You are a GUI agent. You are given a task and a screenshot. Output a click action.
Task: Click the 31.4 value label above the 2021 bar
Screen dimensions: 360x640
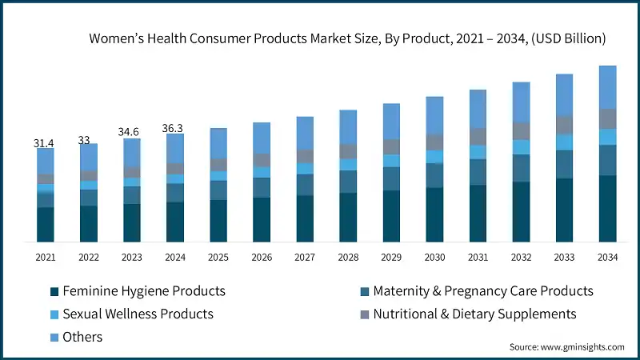[44, 143]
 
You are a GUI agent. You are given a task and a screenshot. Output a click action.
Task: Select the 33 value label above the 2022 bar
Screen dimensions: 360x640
[84, 140]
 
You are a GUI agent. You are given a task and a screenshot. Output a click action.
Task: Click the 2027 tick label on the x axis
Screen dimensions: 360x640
[305, 258]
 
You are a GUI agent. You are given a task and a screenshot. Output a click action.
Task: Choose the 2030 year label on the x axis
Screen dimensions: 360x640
[434, 258]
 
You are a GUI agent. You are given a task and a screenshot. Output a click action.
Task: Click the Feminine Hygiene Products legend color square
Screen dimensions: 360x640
[54, 291]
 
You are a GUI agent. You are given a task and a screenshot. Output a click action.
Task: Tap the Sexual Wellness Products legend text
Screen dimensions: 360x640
[138, 314]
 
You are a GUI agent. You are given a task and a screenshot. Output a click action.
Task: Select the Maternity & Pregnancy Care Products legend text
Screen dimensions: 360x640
[483, 291]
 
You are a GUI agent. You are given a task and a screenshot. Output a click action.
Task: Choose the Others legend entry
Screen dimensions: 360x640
[83, 337]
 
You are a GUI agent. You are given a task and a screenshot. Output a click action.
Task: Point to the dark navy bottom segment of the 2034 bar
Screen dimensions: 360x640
[608, 208]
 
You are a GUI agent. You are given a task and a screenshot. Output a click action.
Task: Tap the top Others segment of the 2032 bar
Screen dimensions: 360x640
[521, 102]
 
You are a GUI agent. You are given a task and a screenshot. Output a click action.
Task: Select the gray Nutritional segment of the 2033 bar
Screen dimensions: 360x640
[565, 124]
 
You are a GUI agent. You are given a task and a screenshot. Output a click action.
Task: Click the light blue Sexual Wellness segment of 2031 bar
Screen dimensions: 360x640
[478, 152]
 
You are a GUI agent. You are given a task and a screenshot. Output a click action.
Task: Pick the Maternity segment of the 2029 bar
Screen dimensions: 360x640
[391, 178]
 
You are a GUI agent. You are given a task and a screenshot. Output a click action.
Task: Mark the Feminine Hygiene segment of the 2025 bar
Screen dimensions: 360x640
[218, 220]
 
